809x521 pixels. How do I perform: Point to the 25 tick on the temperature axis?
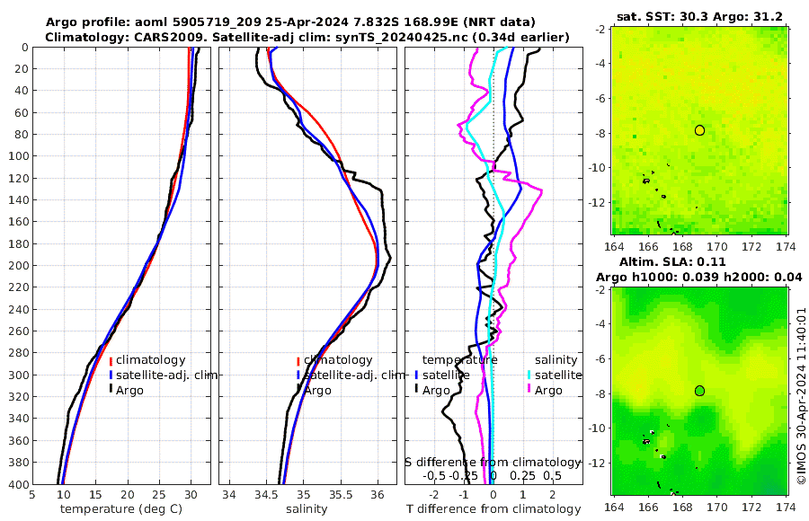159,494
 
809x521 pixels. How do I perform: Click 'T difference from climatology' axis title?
493,509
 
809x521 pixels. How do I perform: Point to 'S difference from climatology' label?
493,461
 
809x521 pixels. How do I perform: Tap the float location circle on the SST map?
699,130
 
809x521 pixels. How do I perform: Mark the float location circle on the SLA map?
699,391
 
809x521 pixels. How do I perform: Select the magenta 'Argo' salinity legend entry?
548,390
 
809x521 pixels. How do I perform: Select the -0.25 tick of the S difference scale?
465,475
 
